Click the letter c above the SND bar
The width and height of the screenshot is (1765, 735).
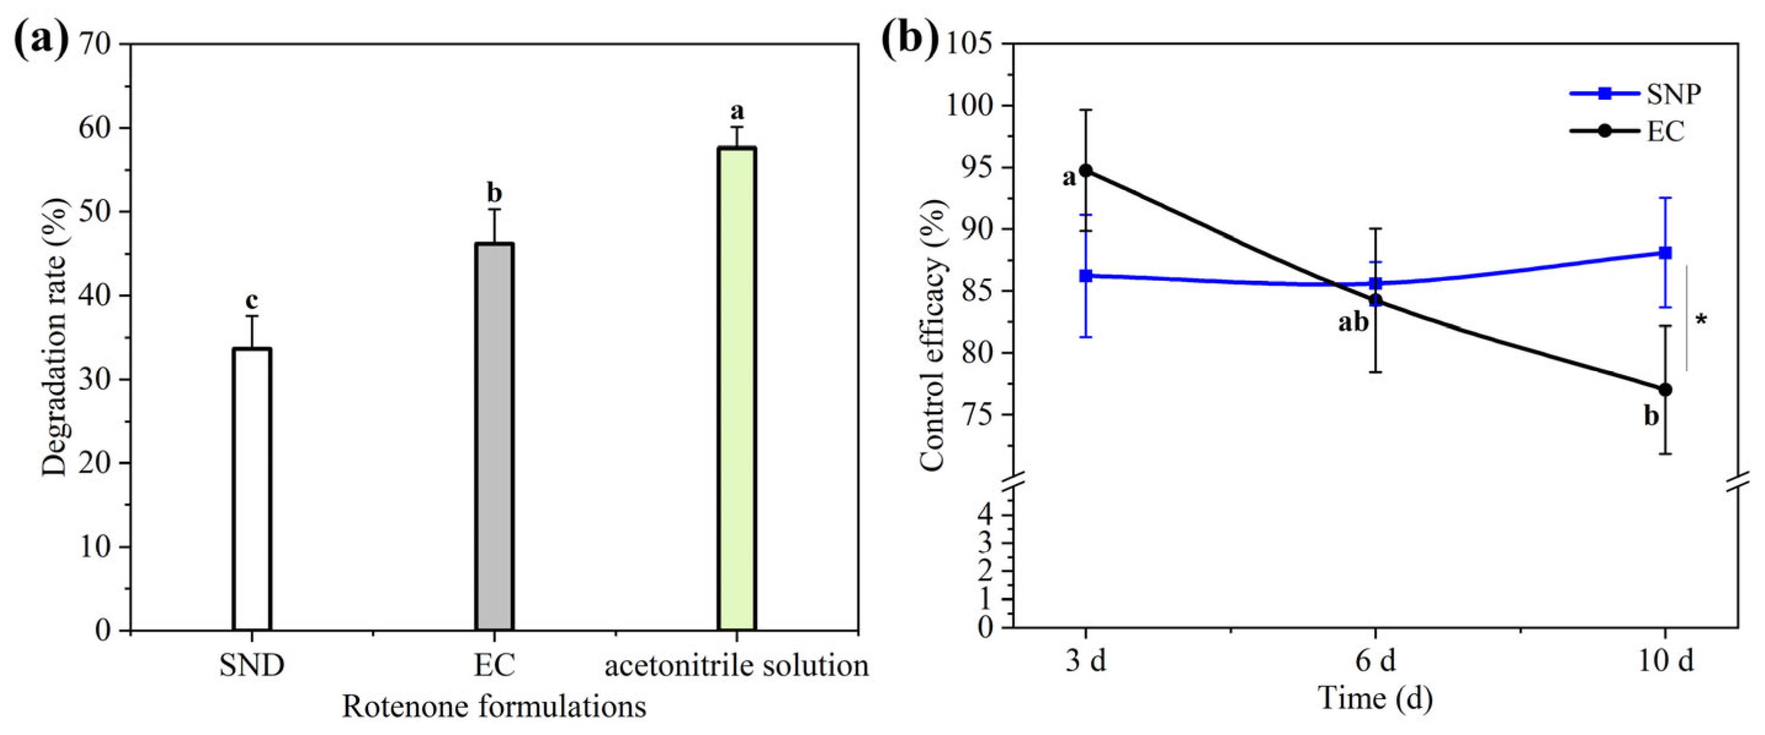pyautogui.click(x=252, y=300)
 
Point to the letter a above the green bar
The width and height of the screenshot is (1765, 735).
pyautogui.click(x=737, y=110)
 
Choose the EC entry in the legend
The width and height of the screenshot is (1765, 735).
pyautogui.click(x=1665, y=132)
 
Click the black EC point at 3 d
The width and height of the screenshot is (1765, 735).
pyautogui.click(x=1086, y=170)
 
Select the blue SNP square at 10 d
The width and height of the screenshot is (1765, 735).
pyautogui.click(x=1665, y=252)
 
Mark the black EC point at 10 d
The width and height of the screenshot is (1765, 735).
pyautogui.click(x=1665, y=390)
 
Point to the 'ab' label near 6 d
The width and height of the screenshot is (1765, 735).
pyautogui.click(x=1353, y=322)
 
